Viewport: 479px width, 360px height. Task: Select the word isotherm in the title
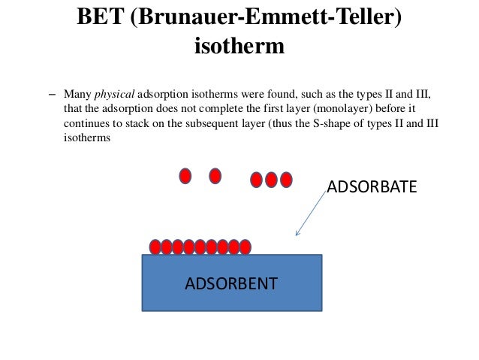[239, 47]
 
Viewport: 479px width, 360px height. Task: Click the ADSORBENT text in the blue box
[231, 283]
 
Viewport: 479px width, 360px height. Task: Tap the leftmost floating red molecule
[185, 176]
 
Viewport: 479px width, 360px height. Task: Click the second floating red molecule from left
[215, 176]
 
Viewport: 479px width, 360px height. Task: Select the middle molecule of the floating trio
[271, 180]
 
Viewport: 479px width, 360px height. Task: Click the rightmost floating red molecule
[285, 180]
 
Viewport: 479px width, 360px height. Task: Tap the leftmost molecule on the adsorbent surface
[155, 247]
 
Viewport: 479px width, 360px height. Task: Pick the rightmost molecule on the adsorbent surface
[245, 247]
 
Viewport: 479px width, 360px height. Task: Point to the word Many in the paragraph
[77, 96]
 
